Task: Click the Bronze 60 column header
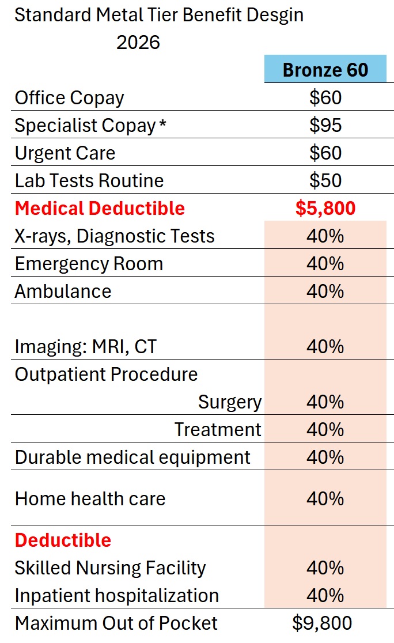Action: click(x=325, y=70)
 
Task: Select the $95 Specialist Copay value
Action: click(x=325, y=125)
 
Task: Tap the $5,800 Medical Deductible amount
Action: click(x=325, y=208)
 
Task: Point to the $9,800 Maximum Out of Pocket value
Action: click(x=322, y=623)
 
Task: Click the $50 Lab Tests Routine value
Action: click(x=325, y=180)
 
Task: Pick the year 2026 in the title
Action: click(x=138, y=42)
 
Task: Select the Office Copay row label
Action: click(x=69, y=97)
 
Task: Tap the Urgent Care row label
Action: click(x=65, y=153)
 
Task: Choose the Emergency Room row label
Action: click(x=89, y=263)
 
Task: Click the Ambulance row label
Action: click(x=63, y=291)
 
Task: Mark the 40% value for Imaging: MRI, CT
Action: click(x=325, y=346)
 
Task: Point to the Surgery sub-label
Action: click(x=230, y=402)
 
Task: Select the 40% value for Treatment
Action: click(x=325, y=429)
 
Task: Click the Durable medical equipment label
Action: click(x=132, y=457)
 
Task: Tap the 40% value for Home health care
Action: click(x=325, y=498)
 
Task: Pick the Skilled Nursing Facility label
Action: click(x=110, y=568)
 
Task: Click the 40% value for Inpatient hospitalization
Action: click(x=325, y=595)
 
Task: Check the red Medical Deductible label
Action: click(x=100, y=208)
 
